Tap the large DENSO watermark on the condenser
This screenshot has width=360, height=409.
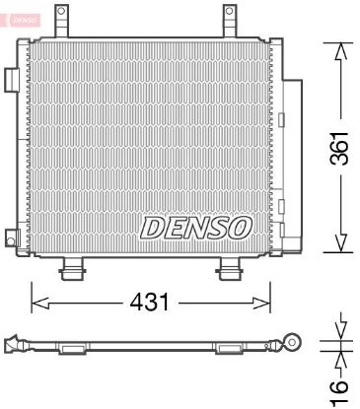click(197, 228)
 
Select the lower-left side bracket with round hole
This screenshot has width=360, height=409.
click(13, 238)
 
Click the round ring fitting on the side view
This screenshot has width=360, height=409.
click(292, 342)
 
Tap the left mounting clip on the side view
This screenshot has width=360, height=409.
click(72, 348)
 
